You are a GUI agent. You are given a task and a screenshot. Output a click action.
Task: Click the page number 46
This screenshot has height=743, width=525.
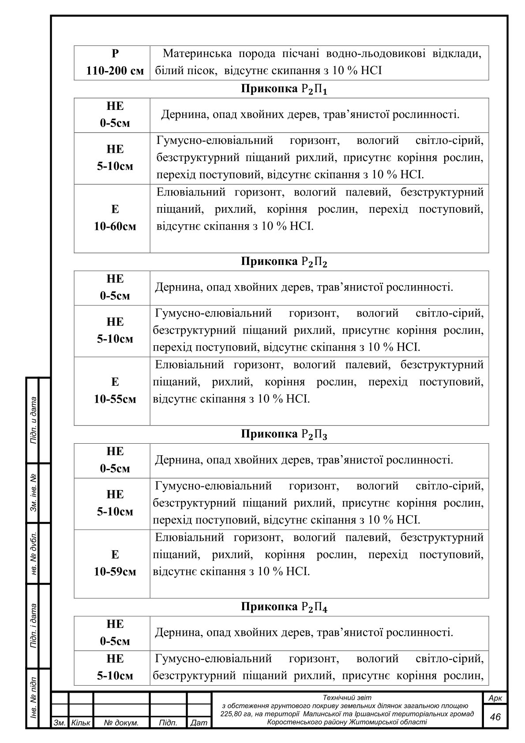point(495,717)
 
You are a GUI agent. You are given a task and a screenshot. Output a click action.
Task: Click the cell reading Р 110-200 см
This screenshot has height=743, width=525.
point(115,62)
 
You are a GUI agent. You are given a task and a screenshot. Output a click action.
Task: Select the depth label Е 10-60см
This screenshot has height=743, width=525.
point(115,218)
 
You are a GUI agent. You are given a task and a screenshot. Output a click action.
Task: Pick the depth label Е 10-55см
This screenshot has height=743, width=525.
point(115,391)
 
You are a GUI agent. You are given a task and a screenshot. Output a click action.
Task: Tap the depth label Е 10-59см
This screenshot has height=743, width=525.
point(115,563)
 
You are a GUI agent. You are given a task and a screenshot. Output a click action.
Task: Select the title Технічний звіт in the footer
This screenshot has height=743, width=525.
point(347,698)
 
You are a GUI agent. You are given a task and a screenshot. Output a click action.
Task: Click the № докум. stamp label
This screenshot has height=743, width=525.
point(121,723)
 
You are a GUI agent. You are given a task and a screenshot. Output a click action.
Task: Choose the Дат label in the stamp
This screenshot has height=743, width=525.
point(199,723)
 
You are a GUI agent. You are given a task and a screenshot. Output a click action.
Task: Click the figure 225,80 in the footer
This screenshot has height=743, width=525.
point(231,714)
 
